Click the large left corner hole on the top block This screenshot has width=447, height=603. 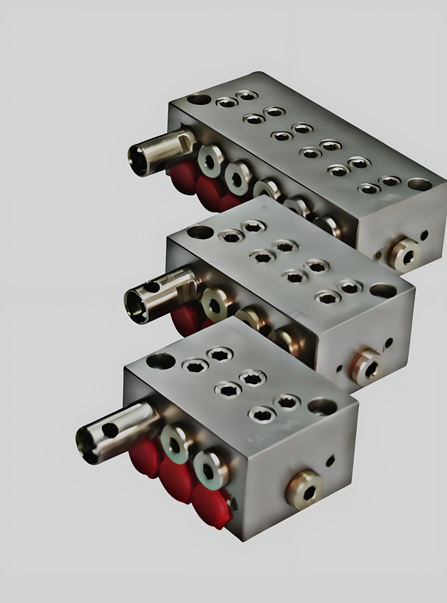(x=199, y=99)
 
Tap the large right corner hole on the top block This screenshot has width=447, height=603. (x=420, y=184)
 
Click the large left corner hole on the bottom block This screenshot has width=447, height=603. (x=161, y=361)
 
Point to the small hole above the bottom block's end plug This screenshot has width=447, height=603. (x=330, y=460)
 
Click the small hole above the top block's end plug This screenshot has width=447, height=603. (x=424, y=235)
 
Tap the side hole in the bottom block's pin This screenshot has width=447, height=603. (x=110, y=430)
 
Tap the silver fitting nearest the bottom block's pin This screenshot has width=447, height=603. (x=174, y=444)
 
